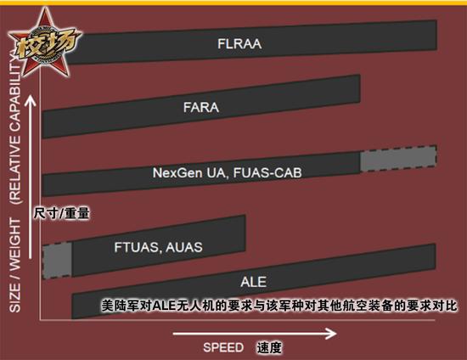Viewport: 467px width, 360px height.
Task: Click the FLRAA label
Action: pyautogui.click(x=239, y=44)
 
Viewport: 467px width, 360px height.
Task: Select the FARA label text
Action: pyautogui.click(x=201, y=108)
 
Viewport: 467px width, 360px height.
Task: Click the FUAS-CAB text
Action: pyautogui.click(x=267, y=172)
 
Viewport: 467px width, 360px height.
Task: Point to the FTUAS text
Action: pyautogui.click(x=138, y=247)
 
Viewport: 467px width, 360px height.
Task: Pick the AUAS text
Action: pyautogui.click(x=184, y=247)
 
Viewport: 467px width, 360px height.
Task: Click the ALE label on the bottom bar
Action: pyautogui.click(x=254, y=282)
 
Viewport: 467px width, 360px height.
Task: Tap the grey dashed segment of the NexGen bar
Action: pyautogui.click(x=398, y=159)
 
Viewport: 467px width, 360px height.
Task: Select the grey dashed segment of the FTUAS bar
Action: pyautogui.click(x=57, y=261)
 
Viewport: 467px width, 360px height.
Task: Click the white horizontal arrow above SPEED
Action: pyautogui.click(x=255, y=334)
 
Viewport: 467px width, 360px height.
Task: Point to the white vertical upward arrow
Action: pyautogui.click(x=30, y=177)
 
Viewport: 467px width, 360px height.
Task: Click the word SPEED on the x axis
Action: pyautogui.click(x=223, y=347)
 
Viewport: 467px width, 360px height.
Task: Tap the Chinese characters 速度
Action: pyautogui.click(x=269, y=347)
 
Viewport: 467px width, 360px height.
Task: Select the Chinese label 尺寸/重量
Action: pyautogui.click(x=61, y=213)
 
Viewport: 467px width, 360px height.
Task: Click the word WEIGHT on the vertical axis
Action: pyautogui.click(x=15, y=245)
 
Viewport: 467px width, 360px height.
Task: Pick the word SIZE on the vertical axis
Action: pyautogui.click(x=15, y=297)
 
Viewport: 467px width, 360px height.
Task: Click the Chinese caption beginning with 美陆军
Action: pyautogui.click(x=279, y=306)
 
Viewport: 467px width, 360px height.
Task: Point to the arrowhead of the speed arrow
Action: pyautogui.click(x=331, y=334)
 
